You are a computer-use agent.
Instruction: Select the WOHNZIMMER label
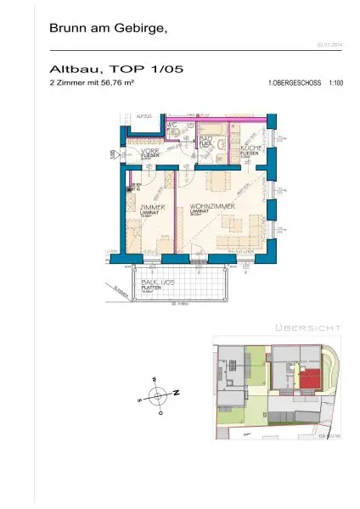click(208, 207)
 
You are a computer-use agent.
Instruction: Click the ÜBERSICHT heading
click(308, 327)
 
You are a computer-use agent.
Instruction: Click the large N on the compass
click(176, 393)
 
